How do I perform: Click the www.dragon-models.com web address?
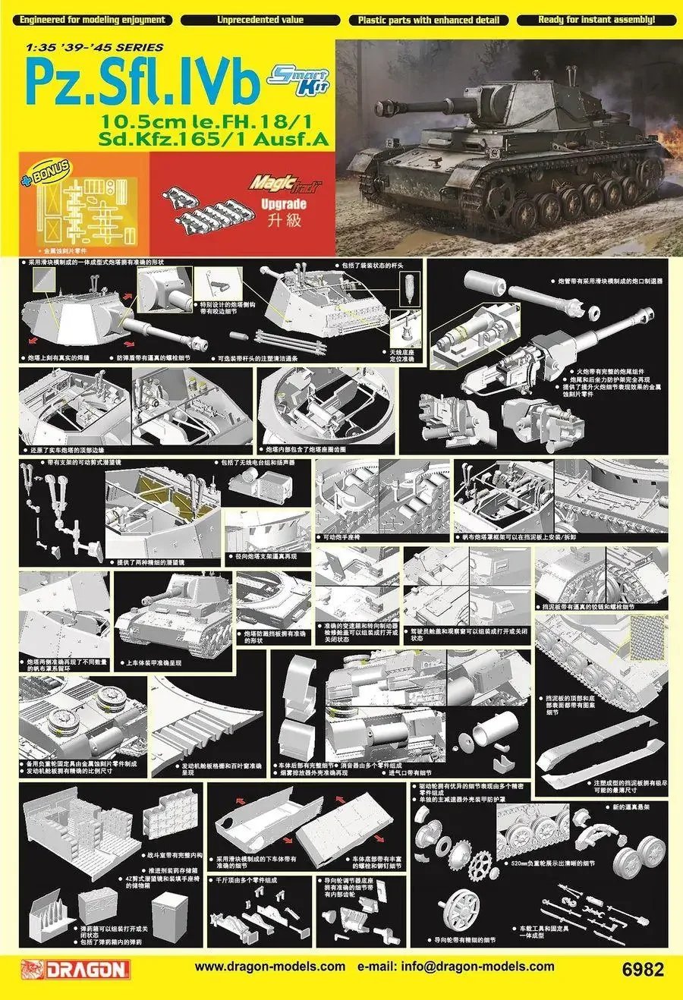point(269,967)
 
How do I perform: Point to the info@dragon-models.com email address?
point(455,967)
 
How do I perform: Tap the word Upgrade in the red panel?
point(283,204)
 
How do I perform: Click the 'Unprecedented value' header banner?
point(260,20)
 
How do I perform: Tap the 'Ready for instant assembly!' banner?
point(596,20)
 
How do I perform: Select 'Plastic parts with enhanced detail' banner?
point(428,20)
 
